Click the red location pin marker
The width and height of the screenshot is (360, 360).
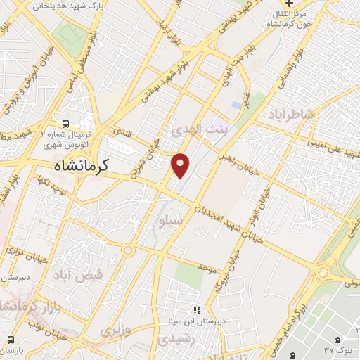pos(181,165)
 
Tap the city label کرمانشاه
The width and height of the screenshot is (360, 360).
pos(83,166)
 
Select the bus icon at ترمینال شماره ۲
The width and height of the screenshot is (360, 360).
pos(65,121)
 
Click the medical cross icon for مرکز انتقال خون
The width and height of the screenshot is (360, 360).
pos(288,5)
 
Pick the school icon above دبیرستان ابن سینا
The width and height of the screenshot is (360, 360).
pos(197,310)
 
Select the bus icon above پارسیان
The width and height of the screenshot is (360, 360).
pos(11,338)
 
